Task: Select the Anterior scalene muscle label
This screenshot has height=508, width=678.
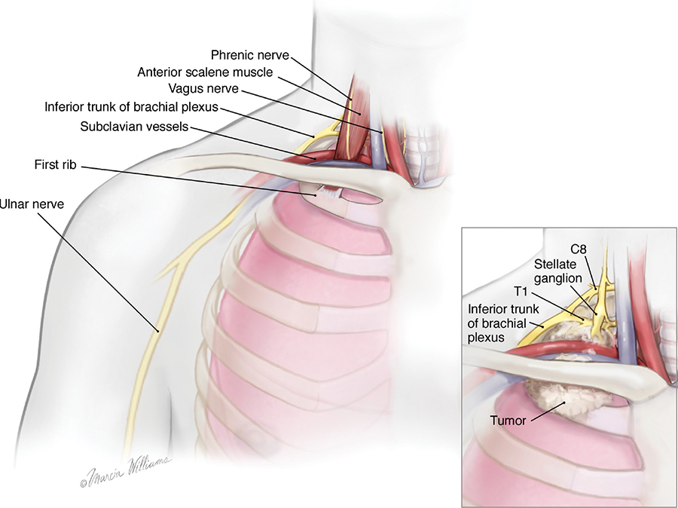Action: (x=205, y=72)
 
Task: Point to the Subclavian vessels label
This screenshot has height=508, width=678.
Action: (x=134, y=126)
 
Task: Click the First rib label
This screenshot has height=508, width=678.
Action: (x=54, y=164)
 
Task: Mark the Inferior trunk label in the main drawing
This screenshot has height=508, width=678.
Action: (x=131, y=108)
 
